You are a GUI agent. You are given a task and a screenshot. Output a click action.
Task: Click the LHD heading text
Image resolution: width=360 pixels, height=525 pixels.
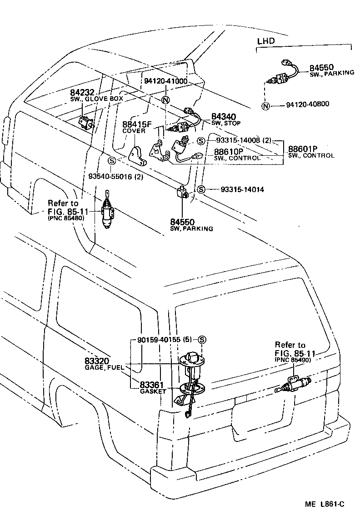coord(266,41)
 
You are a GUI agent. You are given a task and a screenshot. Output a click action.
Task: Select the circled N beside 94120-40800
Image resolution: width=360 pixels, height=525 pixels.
coord(265,106)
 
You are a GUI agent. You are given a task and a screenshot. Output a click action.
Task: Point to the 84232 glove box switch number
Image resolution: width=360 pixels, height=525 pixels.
coord(83,92)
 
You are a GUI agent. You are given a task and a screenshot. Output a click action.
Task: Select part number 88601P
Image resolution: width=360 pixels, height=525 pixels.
coord(302,149)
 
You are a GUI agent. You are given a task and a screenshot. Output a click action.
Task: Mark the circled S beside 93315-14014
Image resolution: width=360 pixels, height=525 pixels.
coord(201,189)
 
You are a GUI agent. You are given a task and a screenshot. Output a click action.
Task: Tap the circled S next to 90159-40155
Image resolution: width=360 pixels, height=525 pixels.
coord(202,340)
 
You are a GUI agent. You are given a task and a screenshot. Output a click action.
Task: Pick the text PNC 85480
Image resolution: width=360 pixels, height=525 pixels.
coord(66,218)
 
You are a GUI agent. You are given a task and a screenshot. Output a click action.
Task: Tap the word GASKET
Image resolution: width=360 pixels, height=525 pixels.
coord(153,391)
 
